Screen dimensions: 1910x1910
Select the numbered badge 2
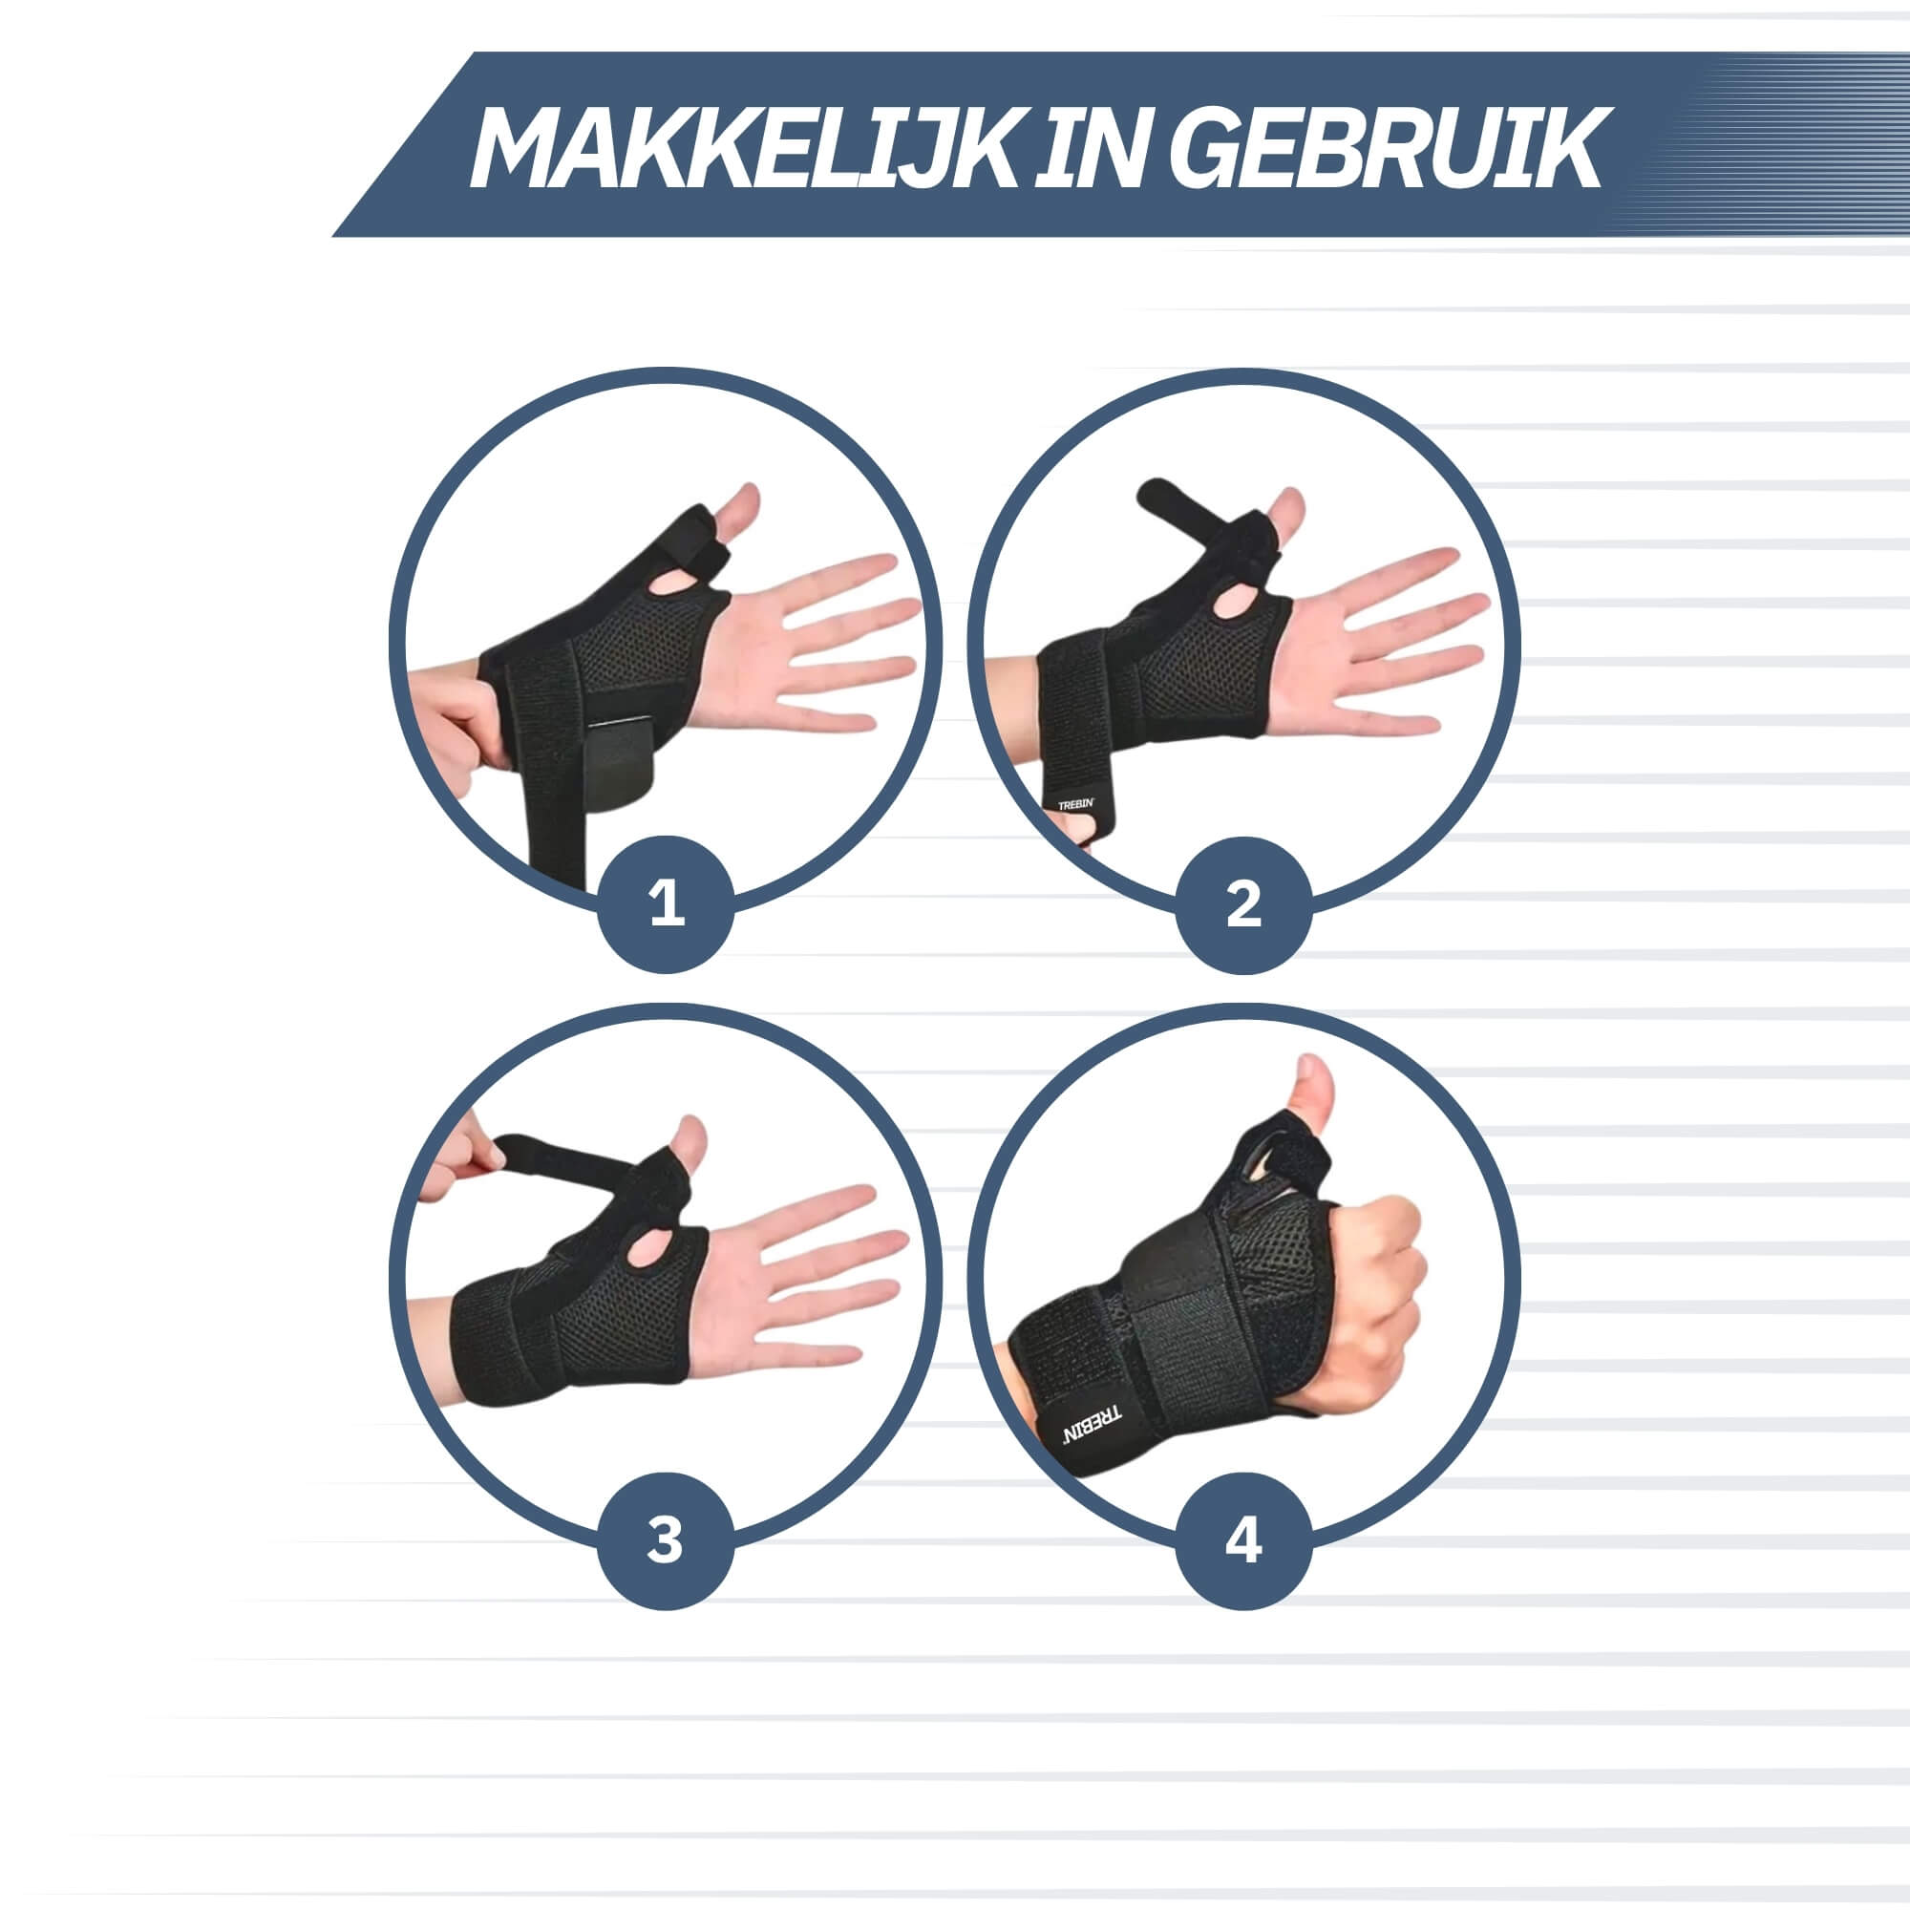(x=1243, y=903)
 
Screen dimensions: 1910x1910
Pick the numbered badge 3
(x=666, y=1540)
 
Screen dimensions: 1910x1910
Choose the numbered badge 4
(x=1243, y=1540)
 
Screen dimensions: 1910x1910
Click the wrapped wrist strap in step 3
(x=509, y=1340)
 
